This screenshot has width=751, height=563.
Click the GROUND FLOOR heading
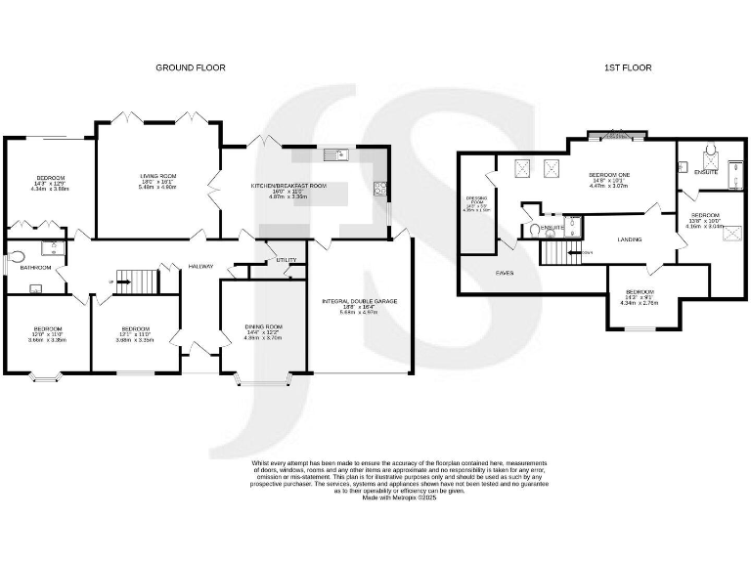191,67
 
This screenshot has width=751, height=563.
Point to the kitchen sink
334,153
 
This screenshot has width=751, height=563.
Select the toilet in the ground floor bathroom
12,261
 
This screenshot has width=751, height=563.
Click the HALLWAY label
201,265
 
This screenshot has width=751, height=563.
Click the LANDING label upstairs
629,238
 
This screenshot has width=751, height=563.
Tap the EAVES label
505,273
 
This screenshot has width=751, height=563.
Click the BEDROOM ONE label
611,174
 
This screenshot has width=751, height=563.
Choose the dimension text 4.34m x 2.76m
641,303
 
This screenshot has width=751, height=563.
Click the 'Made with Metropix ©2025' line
399,497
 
